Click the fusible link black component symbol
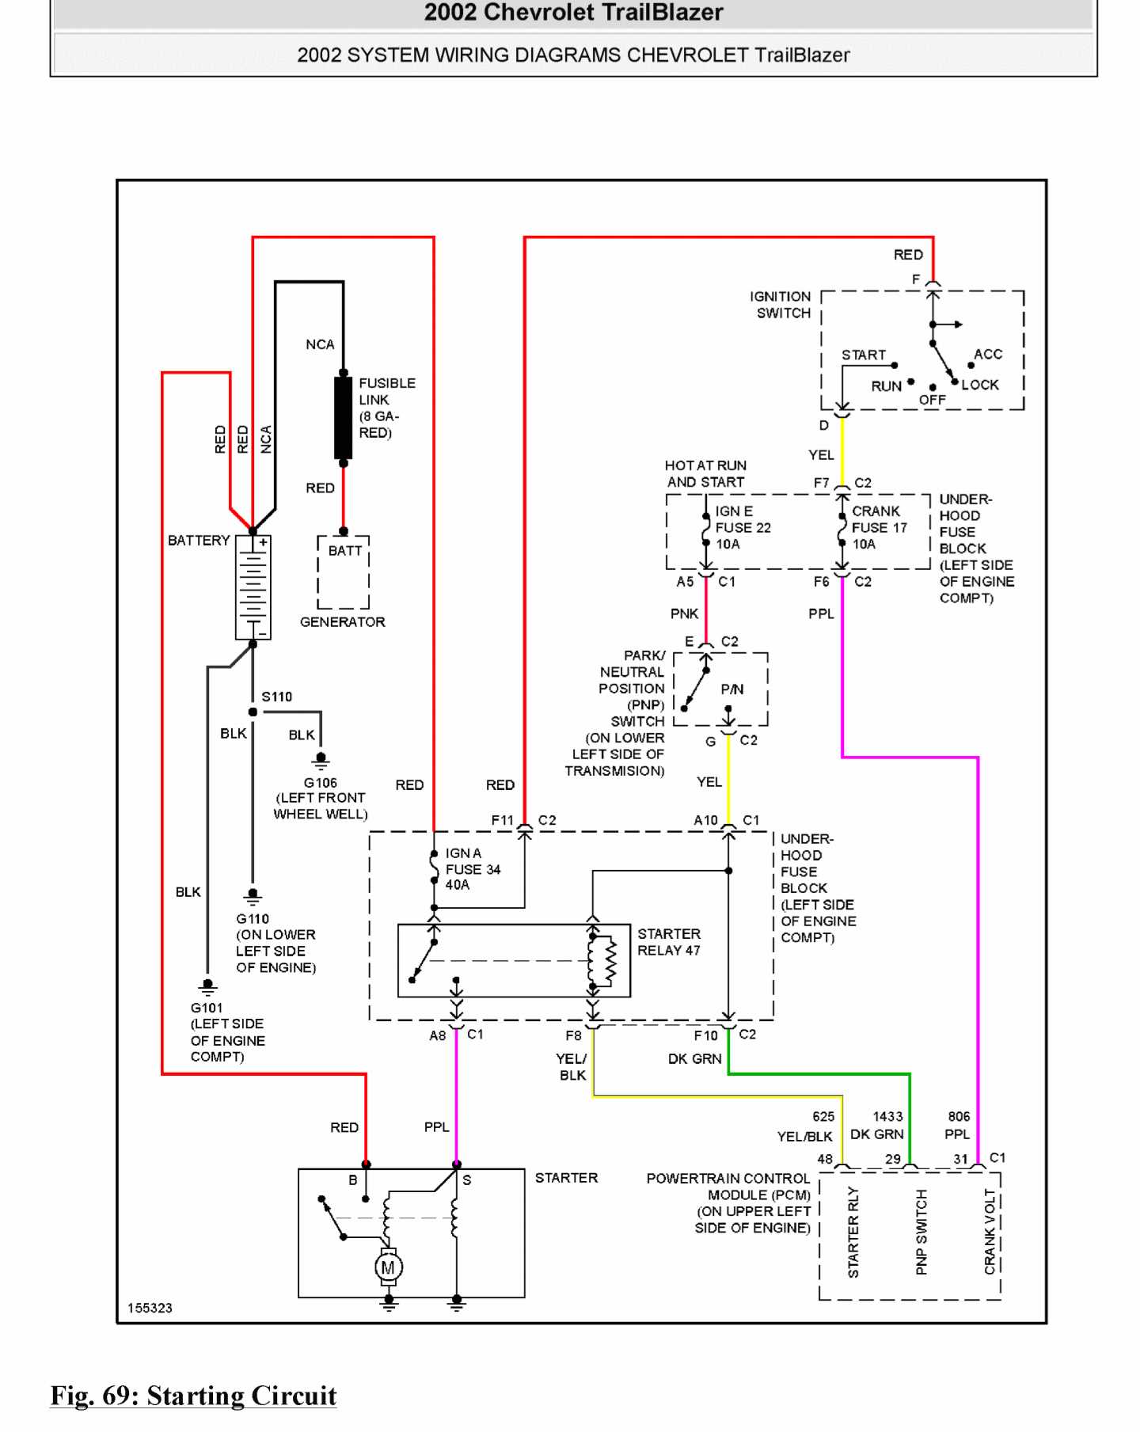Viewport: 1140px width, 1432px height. [x=343, y=417]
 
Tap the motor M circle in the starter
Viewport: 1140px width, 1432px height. [x=388, y=1267]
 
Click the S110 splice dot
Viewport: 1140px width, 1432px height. [x=253, y=712]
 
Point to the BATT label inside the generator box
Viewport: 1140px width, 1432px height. [x=345, y=550]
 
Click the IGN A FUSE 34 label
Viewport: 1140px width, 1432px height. [x=473, y=868]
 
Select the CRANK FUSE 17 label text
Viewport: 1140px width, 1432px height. [x=879, y=527]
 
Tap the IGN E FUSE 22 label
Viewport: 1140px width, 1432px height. [x=743, y=527]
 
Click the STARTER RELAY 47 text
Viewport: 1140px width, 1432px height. [x=669, y=942]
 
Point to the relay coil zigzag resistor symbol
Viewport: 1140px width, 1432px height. [x=610, y=961]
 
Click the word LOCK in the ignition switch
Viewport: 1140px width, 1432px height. [x=980, y=385]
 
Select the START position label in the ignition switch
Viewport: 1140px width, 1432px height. [x=863, y=355]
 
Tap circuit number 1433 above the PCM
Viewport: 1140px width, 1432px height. [x=887, y=1116]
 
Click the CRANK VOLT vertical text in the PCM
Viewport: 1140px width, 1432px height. [x=990, y=1232]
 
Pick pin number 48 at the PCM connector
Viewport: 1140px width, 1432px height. [x=825, y=1159]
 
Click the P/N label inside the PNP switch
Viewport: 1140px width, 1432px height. [x=732, y=689]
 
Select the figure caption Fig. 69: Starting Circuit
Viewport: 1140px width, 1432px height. [x=194, y=1395]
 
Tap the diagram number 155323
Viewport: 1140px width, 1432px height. [x=150, y=1308]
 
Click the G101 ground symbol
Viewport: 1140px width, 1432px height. [x=207, y=987]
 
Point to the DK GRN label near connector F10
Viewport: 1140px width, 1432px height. [x=694, y=1058]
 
